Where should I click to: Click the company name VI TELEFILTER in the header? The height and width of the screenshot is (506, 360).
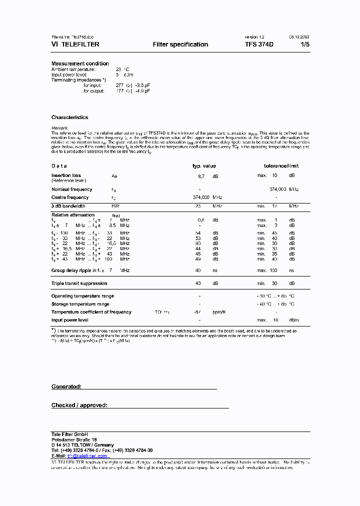click(75, 44)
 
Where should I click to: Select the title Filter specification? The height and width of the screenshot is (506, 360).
click(180, 44)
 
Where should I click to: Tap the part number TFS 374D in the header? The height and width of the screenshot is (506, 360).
click(259, 44)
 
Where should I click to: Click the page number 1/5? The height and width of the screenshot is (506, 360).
click(304, 44)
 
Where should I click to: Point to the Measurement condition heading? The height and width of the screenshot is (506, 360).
click(80, 63)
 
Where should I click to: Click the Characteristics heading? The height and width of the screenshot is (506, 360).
click(69, 117)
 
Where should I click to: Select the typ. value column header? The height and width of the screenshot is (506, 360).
click(204, 165)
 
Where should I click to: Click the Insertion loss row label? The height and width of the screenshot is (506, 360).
click(66, 175)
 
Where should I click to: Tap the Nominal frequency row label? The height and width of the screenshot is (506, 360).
click(71, 189)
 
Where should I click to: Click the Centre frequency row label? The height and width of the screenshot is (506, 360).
click(70, 197)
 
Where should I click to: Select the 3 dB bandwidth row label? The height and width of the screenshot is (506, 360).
click(68, 206)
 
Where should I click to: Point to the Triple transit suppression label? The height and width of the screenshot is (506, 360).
click(79, 283)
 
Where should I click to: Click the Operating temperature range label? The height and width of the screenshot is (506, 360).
click(82, 296)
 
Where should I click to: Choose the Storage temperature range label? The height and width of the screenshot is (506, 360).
click(80, 304)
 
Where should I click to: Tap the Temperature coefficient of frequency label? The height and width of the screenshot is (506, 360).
click(91, 312)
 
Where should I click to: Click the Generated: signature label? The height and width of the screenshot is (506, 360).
click(66, 386)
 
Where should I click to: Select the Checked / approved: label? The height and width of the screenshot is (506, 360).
click(79, 405)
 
